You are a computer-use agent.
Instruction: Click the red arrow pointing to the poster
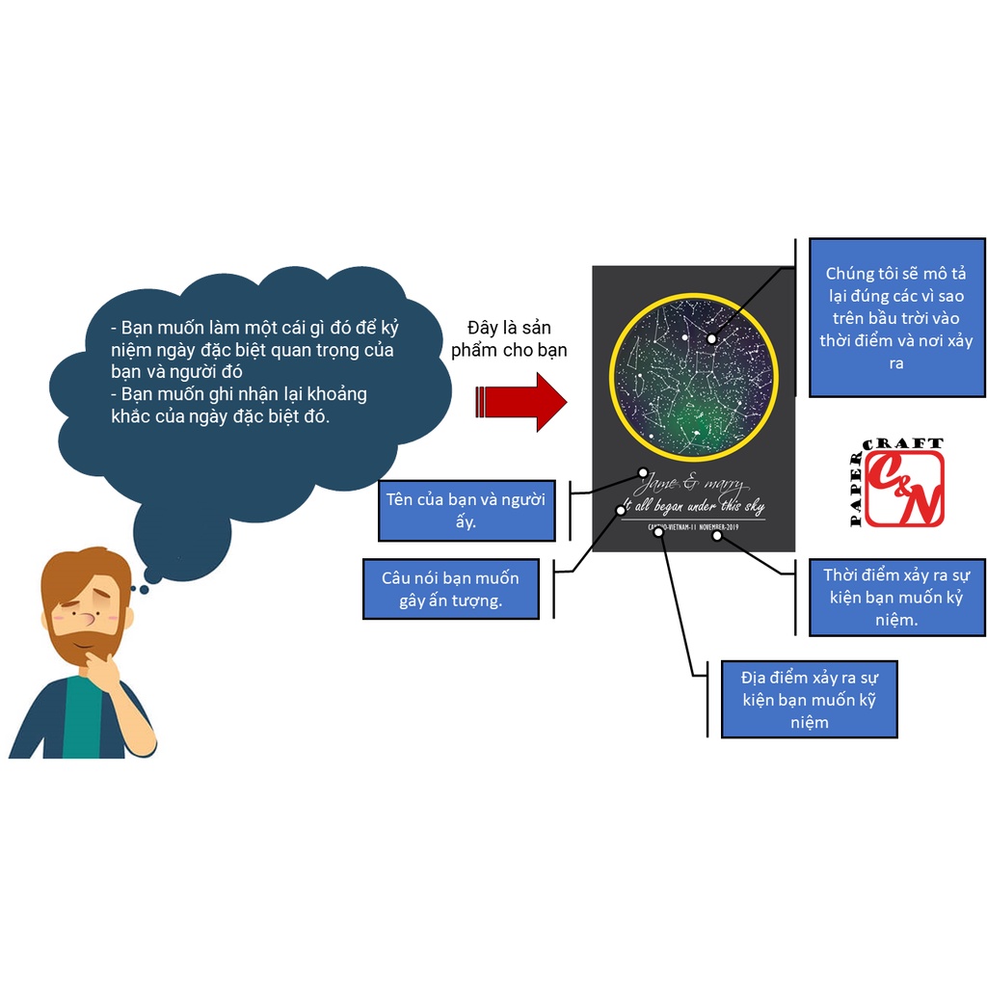pos(520,401)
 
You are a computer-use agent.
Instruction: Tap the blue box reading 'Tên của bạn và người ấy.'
pos(467,510)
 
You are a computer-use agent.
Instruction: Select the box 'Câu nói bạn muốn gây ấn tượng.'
pos(450,589)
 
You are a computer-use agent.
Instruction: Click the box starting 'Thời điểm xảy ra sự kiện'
pos(896,598)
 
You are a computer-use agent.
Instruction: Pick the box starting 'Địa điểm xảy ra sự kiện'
pos(809,698)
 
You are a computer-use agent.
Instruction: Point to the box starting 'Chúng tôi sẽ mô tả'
pos(896,317)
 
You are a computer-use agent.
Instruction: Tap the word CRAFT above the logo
pos(905,444)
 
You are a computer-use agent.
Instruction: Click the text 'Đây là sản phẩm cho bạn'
pos(509,338)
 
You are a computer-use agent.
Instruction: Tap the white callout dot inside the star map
pos(711,338)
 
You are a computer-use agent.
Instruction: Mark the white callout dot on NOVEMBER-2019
pos(717,535)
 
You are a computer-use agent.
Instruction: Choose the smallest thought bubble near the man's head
pos(143,590)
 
